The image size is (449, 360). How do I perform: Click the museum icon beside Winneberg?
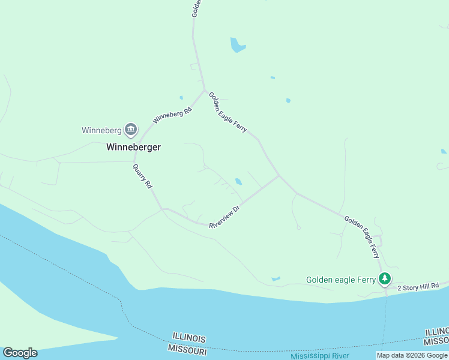tap(131, 130)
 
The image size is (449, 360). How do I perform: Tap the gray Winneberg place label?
tap(101, 130)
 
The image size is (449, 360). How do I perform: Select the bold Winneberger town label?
tap(133, 146)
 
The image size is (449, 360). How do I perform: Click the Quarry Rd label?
tap(142, 177)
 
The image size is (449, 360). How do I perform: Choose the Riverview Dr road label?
tap(224, 217)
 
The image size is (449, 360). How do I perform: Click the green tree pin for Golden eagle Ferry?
tap(384, 279)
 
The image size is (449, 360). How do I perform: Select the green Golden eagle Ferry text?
tap(340, 280)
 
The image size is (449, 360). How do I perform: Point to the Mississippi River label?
tap(319, 356)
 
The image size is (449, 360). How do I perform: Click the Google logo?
tap(20, 353)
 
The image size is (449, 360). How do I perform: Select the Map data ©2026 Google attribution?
tap(412, 355)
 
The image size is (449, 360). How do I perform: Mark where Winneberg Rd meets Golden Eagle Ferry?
tap(205, 91)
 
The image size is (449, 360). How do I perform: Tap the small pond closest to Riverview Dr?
tap(239, 182)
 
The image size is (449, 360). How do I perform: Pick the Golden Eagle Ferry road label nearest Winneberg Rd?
tap(228, 112)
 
